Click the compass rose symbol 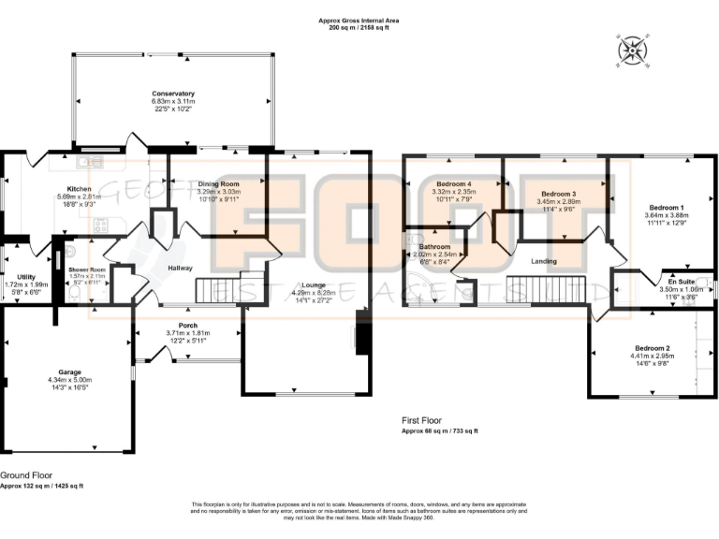[632, 51]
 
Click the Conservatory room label [173, 94]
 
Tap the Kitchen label [79, 189]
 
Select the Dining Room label [218, 185]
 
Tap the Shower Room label [83, 269]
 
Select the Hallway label [180, 268]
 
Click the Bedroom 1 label [665, 207]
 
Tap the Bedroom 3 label [558, 193]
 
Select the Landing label [544, 262]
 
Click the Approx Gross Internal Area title [359, 20]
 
